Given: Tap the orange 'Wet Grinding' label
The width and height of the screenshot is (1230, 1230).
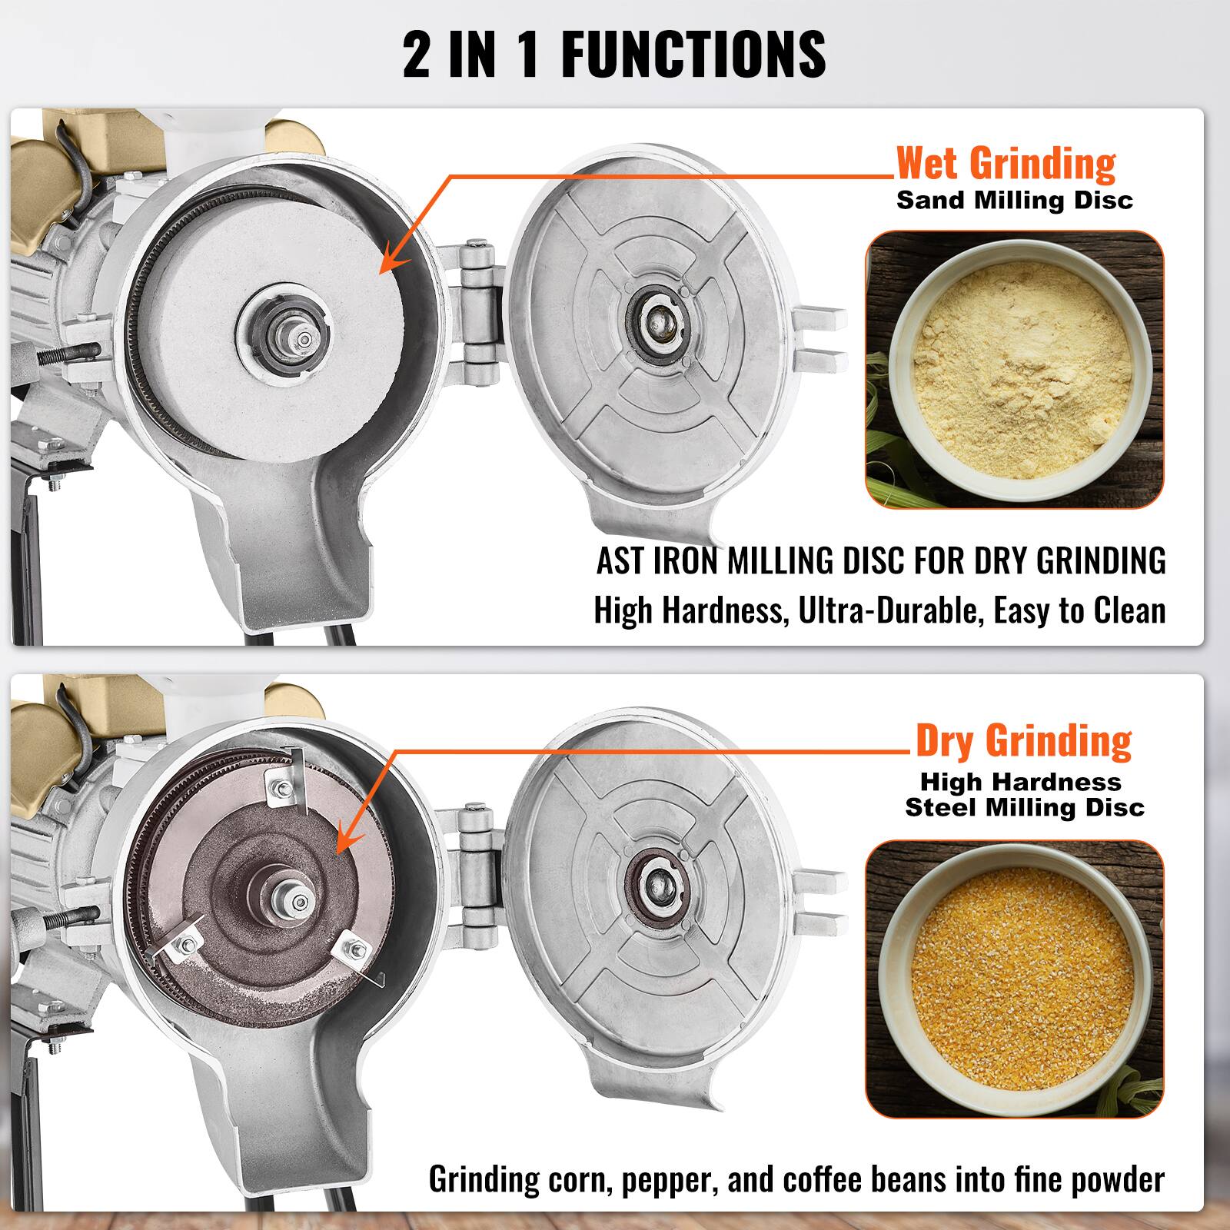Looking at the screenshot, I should point(1006,163).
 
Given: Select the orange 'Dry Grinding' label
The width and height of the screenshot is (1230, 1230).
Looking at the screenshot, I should point(1023,740).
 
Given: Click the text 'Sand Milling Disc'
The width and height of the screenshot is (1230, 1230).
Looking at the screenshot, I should point(1015,201).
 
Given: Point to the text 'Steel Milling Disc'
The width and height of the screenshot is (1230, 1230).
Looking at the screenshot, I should point(1025,808).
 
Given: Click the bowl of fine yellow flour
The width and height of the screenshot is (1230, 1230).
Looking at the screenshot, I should point(1015,370).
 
